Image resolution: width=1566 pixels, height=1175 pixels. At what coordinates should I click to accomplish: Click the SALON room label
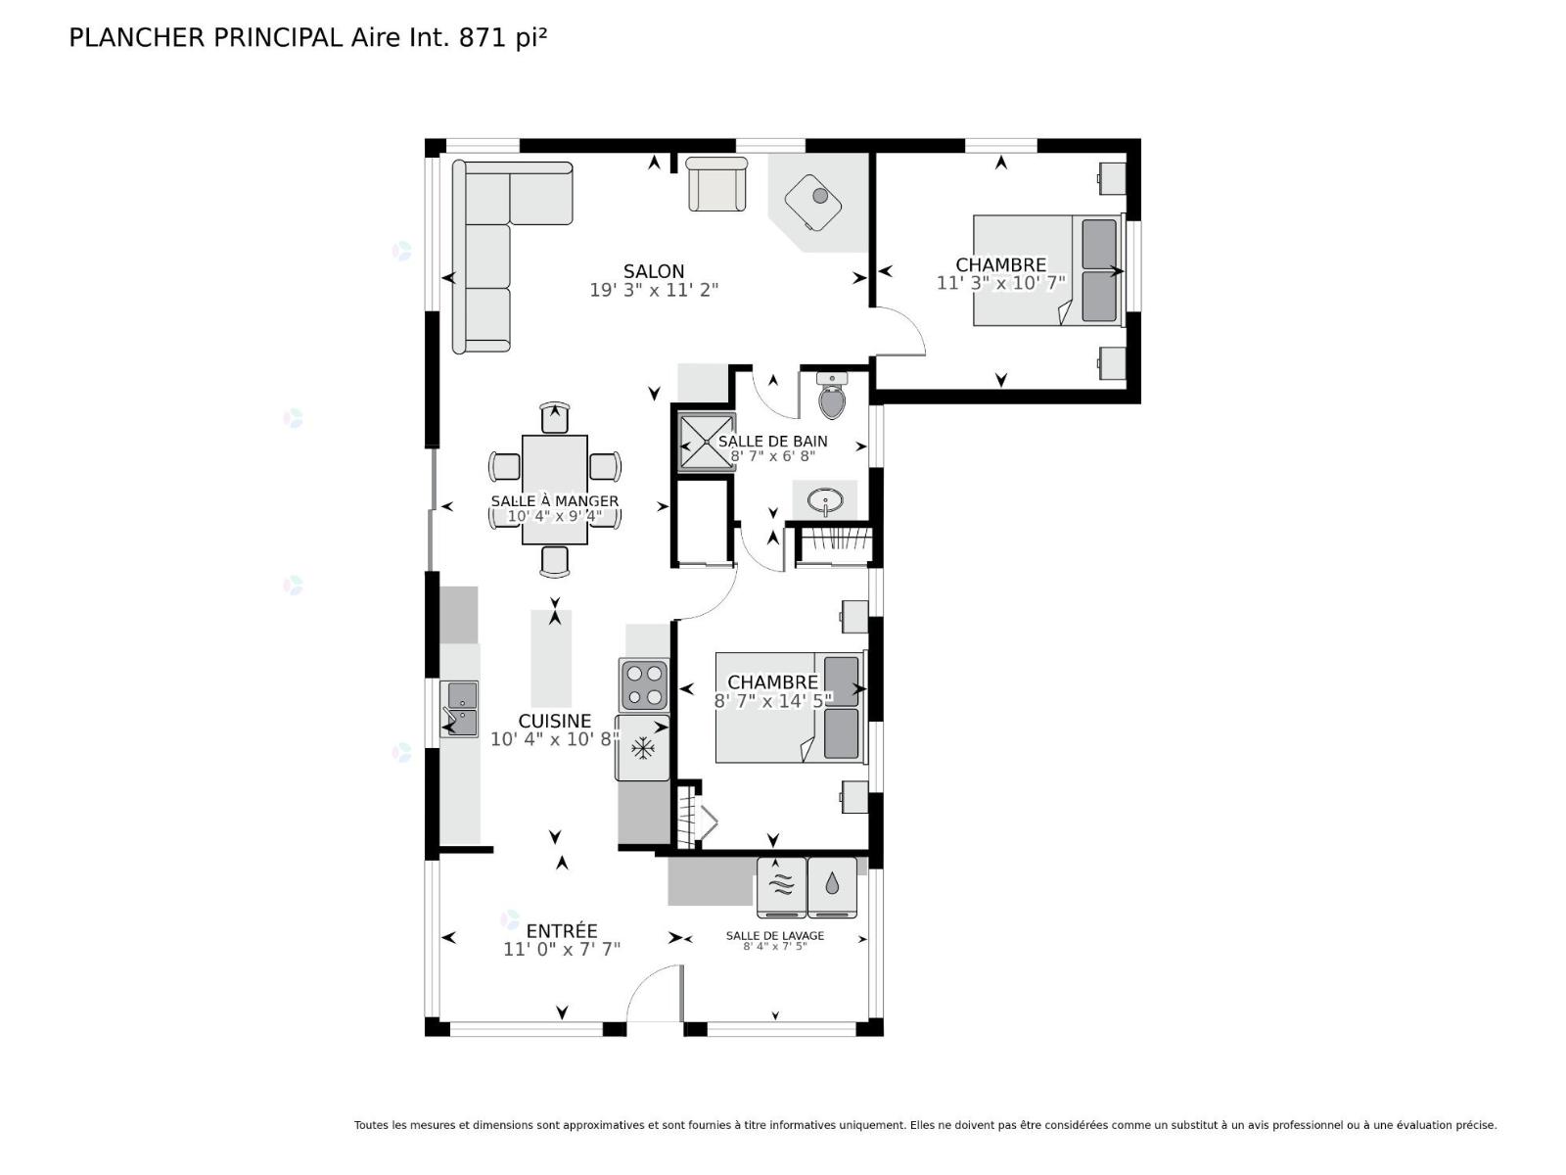pyautogui.click(x=654, y=271)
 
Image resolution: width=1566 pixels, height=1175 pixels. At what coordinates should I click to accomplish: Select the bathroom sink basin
pyautogui.click(x=825, y=500)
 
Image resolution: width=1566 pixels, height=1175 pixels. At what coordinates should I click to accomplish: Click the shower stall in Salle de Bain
pyautogui.click(x=706, y=443)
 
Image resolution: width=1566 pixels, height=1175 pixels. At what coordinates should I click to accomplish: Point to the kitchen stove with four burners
pyautogui.click(x=644, y=684)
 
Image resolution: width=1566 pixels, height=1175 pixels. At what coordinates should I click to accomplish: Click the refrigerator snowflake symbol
pyautogui.click(x=643, y=748)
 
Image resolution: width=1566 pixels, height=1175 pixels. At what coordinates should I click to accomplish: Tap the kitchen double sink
pyautogui.click(x=459, y=709)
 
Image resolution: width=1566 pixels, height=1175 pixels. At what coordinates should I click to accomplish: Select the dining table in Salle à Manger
pyautogui.click(x=554, y=490)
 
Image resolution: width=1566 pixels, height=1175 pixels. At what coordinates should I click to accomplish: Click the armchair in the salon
pyautogui.click(x=717, y=185)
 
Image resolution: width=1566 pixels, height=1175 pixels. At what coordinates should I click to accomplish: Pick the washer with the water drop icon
pyautogui.click(x=832, y=887)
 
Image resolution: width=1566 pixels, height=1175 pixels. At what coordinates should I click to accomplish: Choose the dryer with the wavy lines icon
pyautogui.click(x=781, y=887)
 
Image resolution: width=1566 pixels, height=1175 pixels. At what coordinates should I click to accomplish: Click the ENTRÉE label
pyautogui.click(x=562, y=931)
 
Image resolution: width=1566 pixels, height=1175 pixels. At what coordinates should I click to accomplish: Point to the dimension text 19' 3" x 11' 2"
pyautogui.click(x=654, y=290)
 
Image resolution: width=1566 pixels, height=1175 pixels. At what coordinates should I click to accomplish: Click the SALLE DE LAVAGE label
pyautogui.click(x=775, y=935)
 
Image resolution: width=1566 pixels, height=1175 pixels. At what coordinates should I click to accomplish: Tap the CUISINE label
pyautogui.click(x=554, y=721)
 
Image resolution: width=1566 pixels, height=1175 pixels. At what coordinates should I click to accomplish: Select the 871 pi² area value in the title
pyautogui.click(x=503, y=37)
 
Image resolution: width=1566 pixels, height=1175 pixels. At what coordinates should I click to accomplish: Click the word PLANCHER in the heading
pyautogui.click(x=137, y=38)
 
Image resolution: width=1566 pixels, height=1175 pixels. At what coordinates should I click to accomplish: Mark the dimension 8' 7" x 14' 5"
pyautogui.click(x=773, y=700)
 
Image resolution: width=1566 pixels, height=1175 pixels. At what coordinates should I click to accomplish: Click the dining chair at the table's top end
pyautogui.click(x=554, y=418)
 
